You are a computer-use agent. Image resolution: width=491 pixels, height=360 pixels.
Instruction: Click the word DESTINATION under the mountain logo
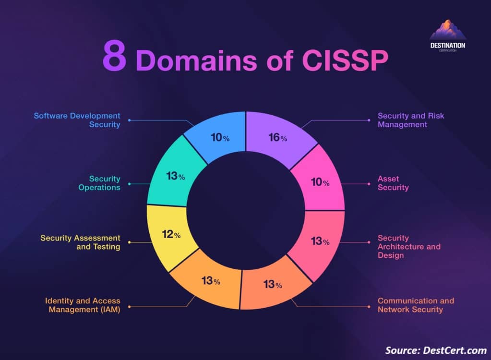click(x=448, y=45)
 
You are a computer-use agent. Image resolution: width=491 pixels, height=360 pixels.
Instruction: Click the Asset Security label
click(x=393, y=183)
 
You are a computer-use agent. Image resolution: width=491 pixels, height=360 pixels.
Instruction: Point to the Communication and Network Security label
click(x=416, y=305)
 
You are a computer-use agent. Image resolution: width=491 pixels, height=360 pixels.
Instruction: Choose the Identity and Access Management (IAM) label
click(x=83, y=305)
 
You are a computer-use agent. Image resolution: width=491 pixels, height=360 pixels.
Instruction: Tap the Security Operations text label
click(x=99, y=183)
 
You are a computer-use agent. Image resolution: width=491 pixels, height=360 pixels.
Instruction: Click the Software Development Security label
click(x=77, y=120)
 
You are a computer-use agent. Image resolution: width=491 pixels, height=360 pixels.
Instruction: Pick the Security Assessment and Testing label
click(x=80, y=242)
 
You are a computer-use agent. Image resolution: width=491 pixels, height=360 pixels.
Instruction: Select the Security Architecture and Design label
click(x=408, y=246)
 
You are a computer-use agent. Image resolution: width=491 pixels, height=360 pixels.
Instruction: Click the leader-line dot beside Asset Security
click(x=368, y=183)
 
